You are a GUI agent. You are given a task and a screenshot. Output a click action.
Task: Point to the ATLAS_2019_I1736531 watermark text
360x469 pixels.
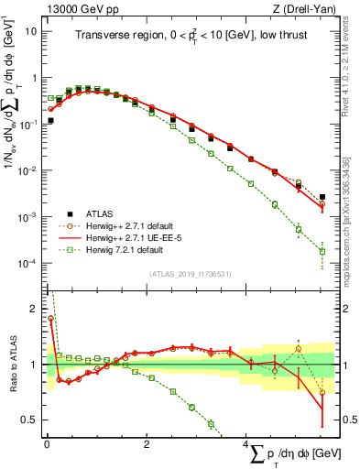[191, 274]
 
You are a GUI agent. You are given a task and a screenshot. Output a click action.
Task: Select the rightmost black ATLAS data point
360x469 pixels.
[322, 197]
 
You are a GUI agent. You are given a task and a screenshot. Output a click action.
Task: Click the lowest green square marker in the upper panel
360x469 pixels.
[322, 251]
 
